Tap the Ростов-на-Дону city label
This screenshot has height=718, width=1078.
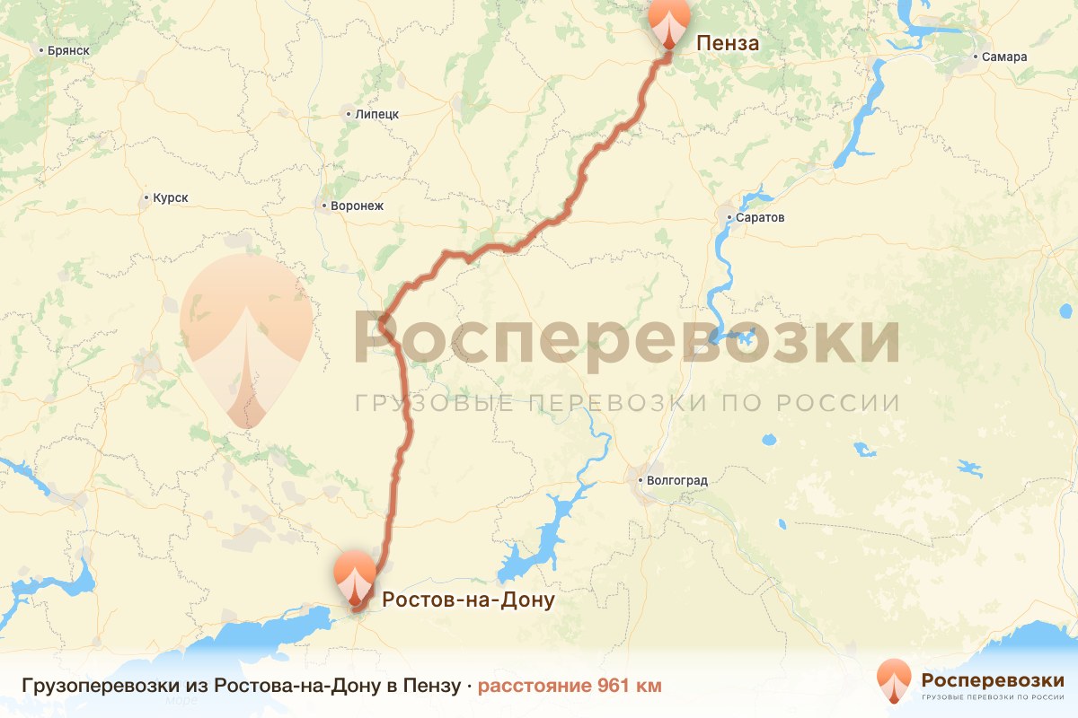click(x=468, y=599)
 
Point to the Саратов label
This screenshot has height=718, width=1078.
click(x=759, y=218)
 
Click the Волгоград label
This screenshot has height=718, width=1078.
click(x=676, y=481)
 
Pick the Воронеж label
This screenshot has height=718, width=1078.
click(x=357, y=206)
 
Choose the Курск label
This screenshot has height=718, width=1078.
click(x=171, y=197)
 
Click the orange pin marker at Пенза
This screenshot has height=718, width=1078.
click(x=669, y=22)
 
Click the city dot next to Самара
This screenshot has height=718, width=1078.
click(x=976, y=57)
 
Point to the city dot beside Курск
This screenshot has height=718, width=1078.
click(x=146, y=197)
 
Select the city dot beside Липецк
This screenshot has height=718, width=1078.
click(x=349, y=114)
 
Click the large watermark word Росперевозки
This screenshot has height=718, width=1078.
click(x=626, y=338)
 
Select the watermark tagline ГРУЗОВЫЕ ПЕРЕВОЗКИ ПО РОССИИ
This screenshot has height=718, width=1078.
click(x=626, y=402)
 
